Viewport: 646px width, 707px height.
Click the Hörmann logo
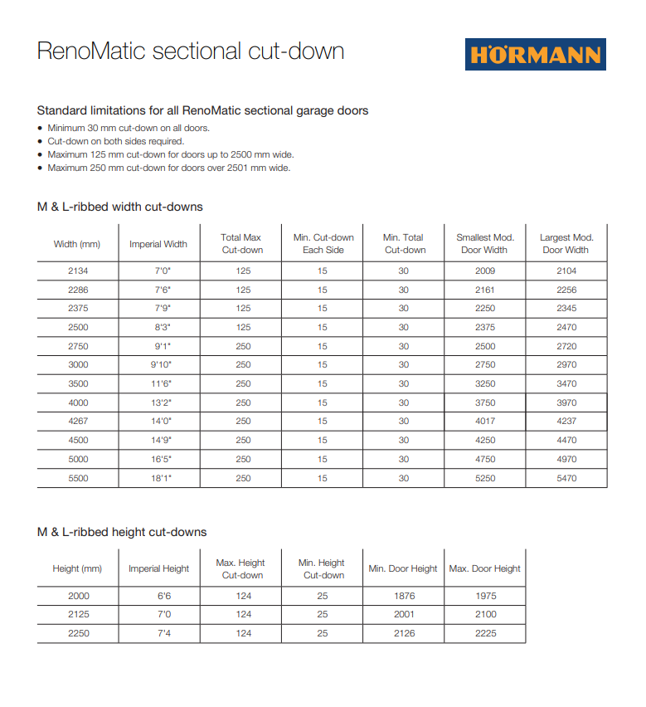tap(535, 54)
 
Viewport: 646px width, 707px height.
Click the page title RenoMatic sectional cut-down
tap(191, 51)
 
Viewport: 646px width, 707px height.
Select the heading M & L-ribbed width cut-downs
tap(119, 207)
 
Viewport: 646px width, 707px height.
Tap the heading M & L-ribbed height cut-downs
tap(122, 531)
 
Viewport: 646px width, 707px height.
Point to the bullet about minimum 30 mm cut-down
tap(129, 128)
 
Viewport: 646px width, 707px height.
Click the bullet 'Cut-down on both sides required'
tap(115, 141)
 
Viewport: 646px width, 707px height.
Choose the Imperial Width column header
tap(158, 244)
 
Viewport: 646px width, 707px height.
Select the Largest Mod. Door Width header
tap(566, 243)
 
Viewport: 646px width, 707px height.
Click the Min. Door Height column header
tap(403, 568)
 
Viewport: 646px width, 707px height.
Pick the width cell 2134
tap(77, 271)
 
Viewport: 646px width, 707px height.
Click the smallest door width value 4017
tap(485, 422)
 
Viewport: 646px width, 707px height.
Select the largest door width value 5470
tap(566, 478)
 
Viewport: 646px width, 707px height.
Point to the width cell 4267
tap(77, 422)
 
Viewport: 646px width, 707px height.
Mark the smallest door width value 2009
tap(485, 271)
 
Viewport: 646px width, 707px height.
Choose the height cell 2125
tap(77, 615)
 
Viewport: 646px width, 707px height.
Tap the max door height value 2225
tap(485, 633)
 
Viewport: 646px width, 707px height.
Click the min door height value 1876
tap(403, 596)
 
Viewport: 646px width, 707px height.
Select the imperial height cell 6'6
tap(158, 596)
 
